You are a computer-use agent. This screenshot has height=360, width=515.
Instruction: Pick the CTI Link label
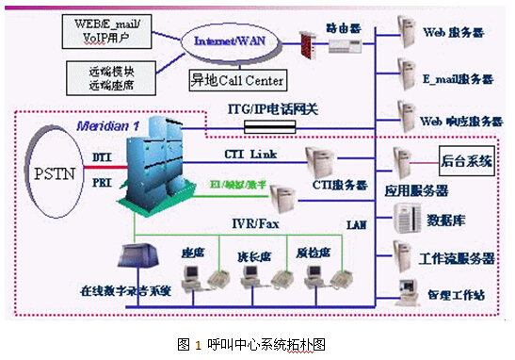249,153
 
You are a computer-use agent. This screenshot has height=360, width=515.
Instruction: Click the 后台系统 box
467,161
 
